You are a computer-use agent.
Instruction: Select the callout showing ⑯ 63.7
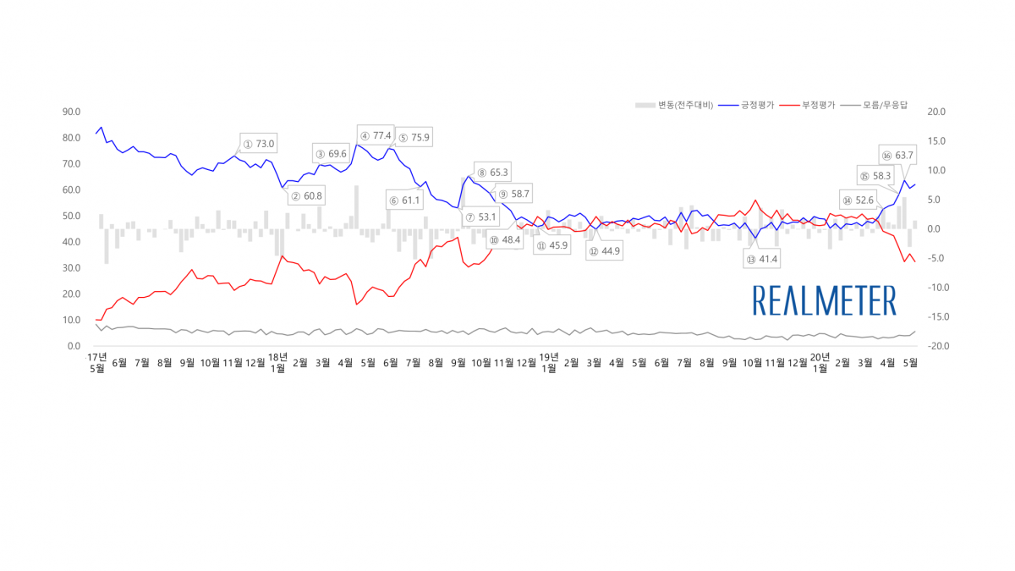tap(897, 155)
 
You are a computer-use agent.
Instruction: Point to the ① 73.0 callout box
tap(259, 144)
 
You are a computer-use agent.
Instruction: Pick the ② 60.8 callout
tap(306, 196)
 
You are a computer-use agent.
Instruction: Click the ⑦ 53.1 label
tap(480, 217)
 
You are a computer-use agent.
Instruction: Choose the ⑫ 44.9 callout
tap(605, 250)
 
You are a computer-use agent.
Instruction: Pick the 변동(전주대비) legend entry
tap(674, 105)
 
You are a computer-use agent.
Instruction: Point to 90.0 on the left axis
tap(71, 112)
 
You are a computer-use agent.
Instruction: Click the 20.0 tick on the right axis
tap(937, 112)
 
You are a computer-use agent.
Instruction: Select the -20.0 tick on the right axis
tap(937, 346)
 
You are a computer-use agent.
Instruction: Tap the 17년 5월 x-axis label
tap(97, 362)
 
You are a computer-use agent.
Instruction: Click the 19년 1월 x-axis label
tap(549, 362)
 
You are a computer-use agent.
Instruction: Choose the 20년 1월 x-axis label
tap(820, 362)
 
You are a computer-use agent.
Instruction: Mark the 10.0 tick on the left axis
tap(71, 320)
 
